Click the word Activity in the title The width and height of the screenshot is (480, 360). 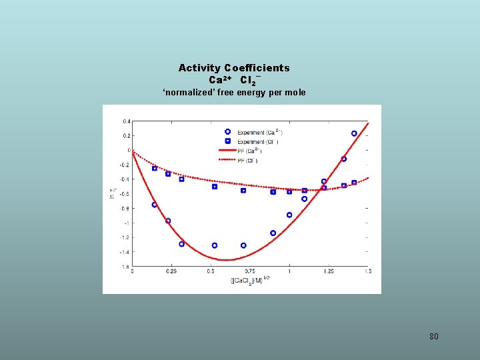pos(199,68)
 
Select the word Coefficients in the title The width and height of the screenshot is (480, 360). pos(257,68)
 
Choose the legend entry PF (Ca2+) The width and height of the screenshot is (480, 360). pos(247,151)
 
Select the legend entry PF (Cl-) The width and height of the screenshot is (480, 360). pos(247,161)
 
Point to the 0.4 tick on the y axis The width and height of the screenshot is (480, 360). pos(126,121)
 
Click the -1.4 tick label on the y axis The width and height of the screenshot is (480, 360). pos(125,252)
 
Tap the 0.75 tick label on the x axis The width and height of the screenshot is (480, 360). pos(250,271)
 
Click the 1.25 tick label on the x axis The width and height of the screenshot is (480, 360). pos(329,271)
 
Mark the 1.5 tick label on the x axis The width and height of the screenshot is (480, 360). pos(367,271)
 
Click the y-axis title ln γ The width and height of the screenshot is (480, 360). pos(113,194)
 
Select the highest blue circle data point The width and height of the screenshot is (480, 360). pos(354,133)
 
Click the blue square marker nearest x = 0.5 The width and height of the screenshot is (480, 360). pos(215,187)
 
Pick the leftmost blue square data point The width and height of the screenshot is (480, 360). pos(155,168)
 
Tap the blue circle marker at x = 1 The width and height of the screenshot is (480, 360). pos(289,215)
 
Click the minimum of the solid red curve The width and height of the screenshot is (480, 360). pos(227,260)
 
